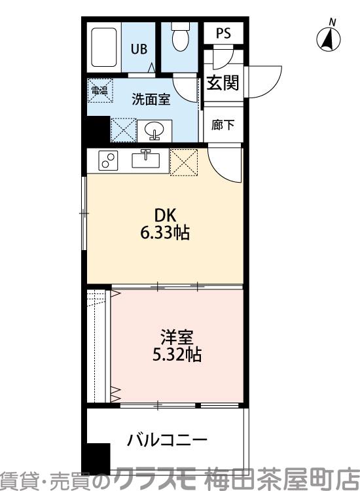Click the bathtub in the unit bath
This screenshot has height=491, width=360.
pyautogui.click(x=104, y=48)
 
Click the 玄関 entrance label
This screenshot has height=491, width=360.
pyautogui.click(x=223, y=83)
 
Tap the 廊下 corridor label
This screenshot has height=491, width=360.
pyautogui.click(x=223, y=124)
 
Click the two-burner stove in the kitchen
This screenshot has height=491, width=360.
pyautogui.click(x=108, y=160)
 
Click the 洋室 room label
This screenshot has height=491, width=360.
pyautogui.click(x=174, y=338)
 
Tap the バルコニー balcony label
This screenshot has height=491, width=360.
pyautogui.click(x=167, y=439)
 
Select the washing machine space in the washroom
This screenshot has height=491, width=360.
pyautogui.click(x=122, y=129)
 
